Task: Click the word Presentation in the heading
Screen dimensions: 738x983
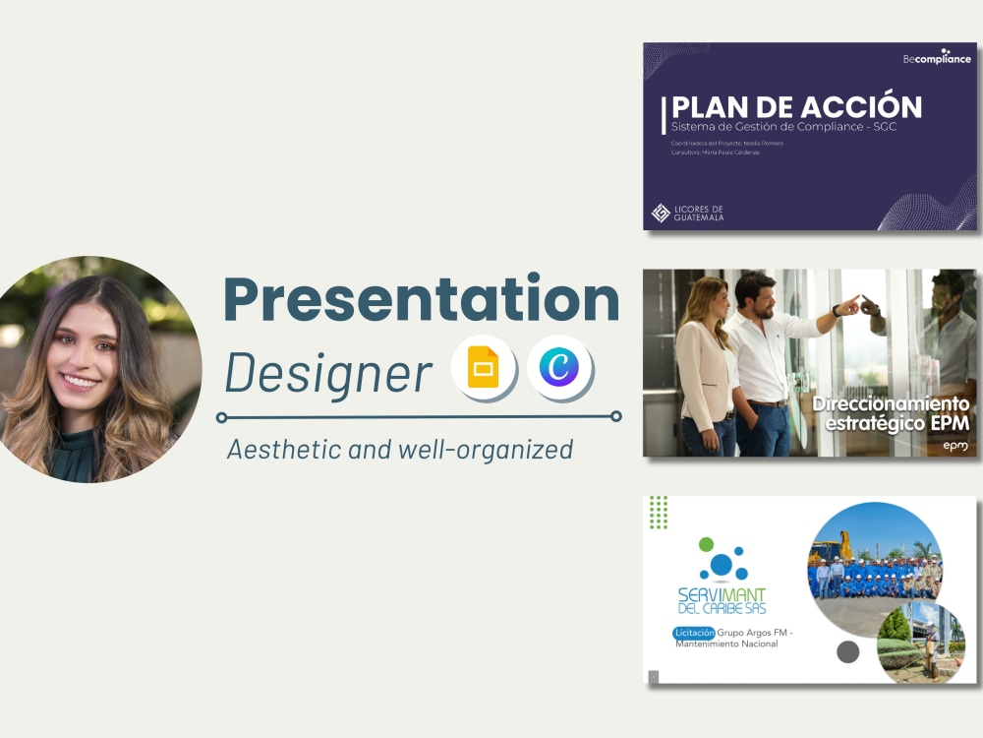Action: tap(421, 299)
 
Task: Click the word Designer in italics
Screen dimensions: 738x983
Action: tap(328, 373)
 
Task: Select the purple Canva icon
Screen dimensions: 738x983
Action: tap(559, 368)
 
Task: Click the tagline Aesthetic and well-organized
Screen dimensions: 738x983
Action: tap(399, 450)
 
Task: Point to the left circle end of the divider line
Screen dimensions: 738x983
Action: tap(222, 416)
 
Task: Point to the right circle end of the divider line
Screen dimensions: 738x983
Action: tap(616, 416)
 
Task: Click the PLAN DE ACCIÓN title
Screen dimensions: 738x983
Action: tap(796, 107)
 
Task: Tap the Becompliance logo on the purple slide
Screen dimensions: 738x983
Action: tap(936, 57)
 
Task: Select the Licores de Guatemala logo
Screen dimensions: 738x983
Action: tap(688, 213)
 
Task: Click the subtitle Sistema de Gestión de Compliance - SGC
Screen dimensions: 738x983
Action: tap(782, 128)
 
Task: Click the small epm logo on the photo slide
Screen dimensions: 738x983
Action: tap(954, 446)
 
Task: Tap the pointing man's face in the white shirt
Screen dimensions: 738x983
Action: tap(754, 293)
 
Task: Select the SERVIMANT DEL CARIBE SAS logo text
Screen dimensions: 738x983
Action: tap(722, 599)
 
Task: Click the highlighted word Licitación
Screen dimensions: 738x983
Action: tap(694, 632)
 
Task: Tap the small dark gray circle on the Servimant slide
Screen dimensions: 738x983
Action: tap(847, 651)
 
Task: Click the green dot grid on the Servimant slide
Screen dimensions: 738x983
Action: tap(659, 512)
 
